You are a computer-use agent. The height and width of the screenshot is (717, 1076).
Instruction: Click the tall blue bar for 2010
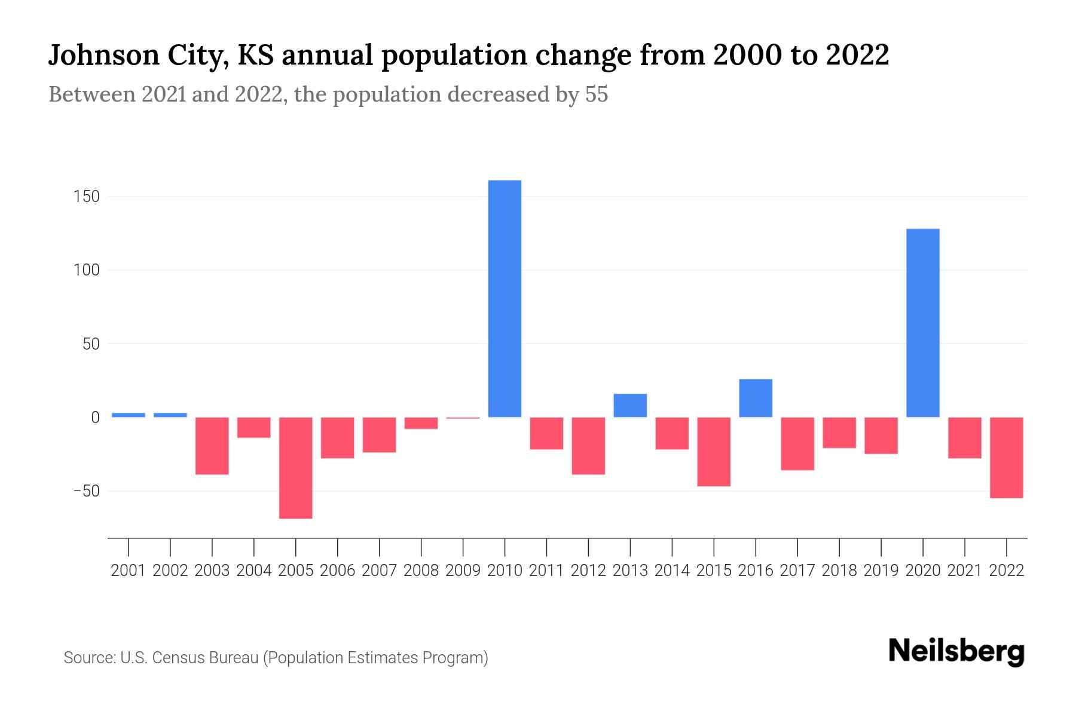coord(505,299)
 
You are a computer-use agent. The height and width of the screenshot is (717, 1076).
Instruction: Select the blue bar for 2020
coord(922,323)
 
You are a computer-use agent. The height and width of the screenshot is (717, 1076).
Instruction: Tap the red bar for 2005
coord(296,468)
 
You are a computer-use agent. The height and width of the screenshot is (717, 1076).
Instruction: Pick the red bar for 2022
coord(1006,458)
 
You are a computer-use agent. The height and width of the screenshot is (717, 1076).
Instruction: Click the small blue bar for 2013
coord(630,405)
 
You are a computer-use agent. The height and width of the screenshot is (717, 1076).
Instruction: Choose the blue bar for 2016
coord(756,398)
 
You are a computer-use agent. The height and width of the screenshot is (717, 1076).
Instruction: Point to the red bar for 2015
coord(714,452)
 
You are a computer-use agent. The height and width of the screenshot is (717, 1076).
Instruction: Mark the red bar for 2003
coord(212,446)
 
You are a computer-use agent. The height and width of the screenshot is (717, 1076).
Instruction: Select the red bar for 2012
coord(588,446)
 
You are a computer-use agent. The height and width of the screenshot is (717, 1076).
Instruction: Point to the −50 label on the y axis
coord(86,491)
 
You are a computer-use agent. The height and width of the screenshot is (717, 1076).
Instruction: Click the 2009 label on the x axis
coord(463,571)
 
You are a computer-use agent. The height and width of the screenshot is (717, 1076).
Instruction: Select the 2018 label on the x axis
coord(839,571)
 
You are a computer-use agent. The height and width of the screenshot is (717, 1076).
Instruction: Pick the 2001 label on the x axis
coord(129,571)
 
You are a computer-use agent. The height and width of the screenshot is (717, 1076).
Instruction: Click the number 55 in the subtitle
coord(596,94)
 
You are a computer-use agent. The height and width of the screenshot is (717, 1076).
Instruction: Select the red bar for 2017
coord(797,443)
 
